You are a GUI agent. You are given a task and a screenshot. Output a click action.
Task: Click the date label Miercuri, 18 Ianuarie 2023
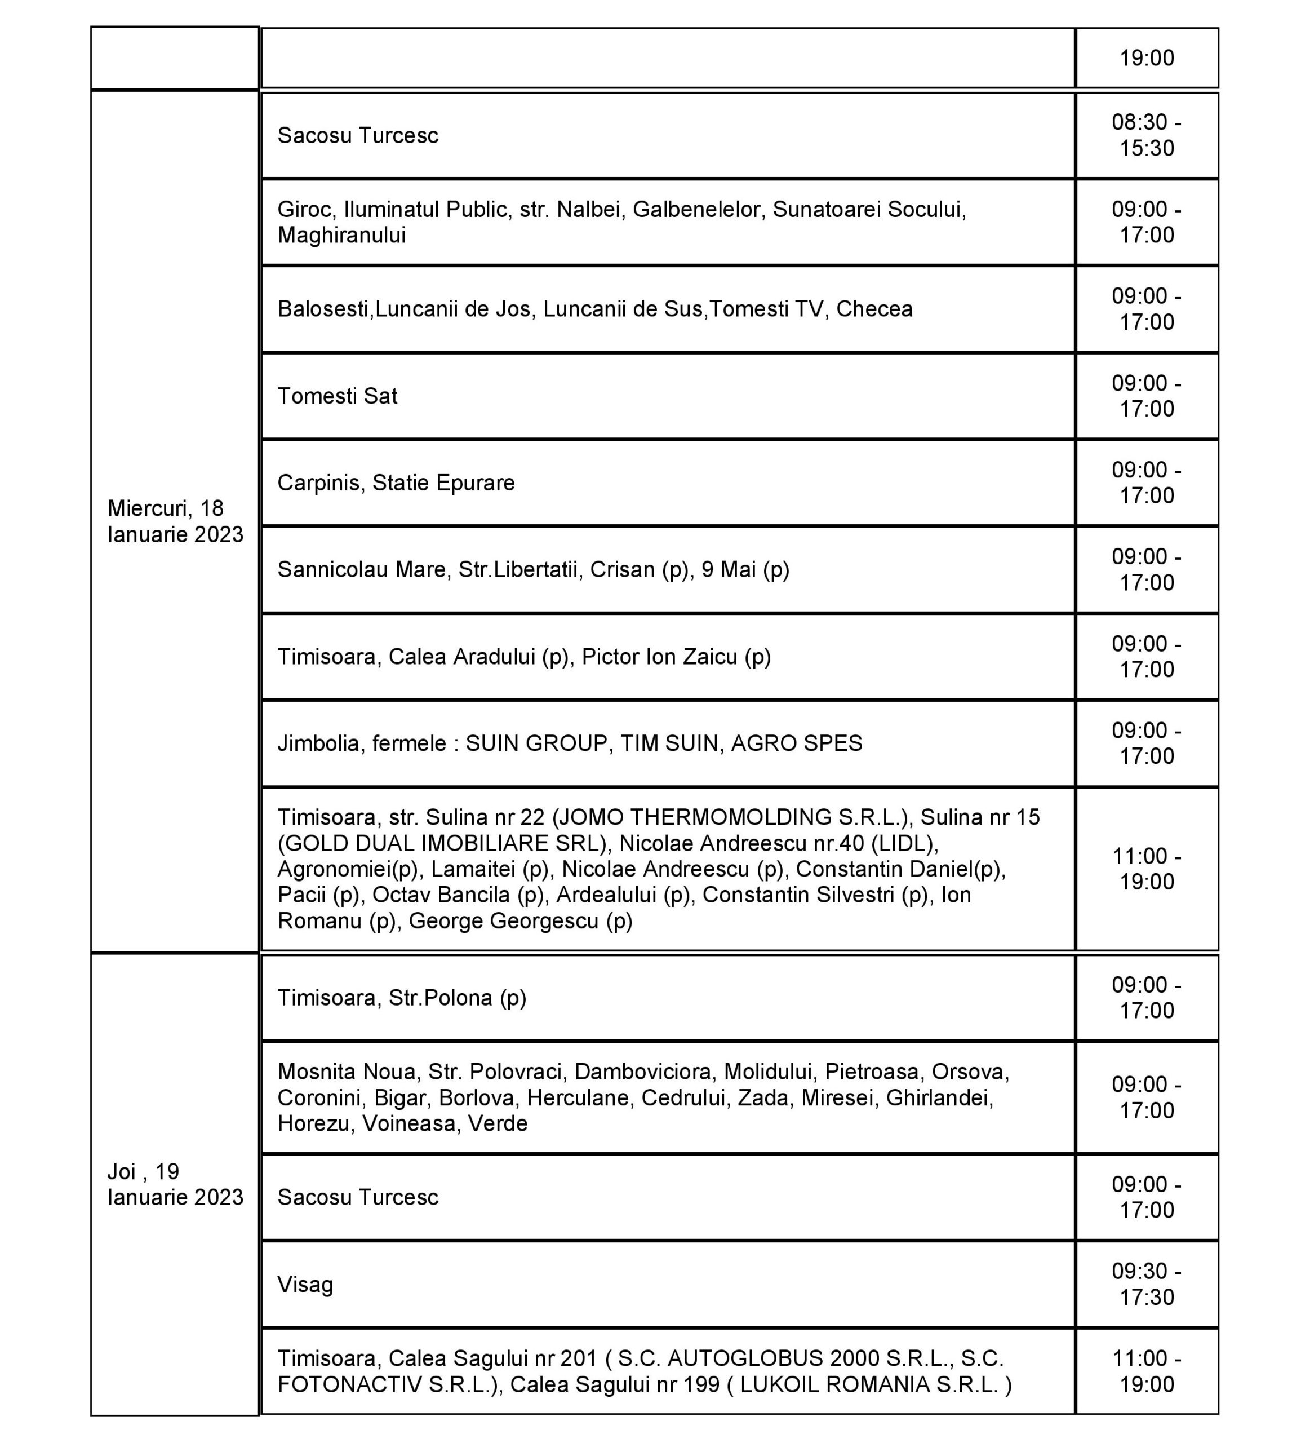[175, 521]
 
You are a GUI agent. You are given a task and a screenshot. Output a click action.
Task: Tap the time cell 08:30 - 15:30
[1146, 135]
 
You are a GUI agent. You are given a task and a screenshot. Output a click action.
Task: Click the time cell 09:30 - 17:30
[1146, 1283]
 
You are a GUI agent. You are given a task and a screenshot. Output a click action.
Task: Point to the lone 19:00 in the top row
[1146, 58]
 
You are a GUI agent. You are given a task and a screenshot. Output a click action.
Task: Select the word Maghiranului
[341, 235]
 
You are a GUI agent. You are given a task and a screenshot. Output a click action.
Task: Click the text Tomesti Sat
[337, 396]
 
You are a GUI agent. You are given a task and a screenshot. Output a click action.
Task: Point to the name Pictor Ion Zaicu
[659, 657]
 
